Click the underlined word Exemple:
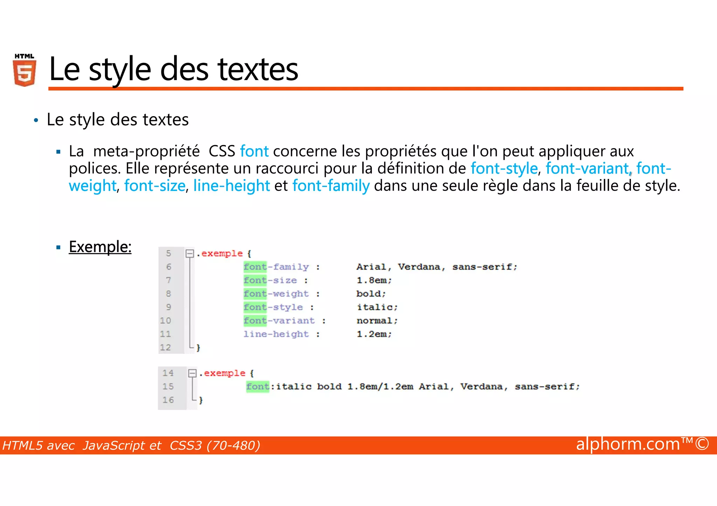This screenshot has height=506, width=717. click(100, 247)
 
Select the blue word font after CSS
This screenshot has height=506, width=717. click(254, 151)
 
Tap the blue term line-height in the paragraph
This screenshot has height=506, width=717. click(231, 186)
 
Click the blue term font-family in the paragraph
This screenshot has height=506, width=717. click(331, 186)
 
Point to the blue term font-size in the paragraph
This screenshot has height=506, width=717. click(155, 186)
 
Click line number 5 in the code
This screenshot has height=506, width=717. click(168, 253)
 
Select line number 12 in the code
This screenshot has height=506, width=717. click(165, 347)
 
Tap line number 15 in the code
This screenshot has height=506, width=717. click(168, 386)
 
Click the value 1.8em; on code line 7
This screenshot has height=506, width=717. click(374, 280)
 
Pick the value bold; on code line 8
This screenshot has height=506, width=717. click(371, 294)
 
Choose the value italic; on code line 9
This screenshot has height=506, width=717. click(377, 307)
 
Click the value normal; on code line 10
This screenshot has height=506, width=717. click(377, 321)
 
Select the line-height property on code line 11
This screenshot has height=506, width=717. click(276, 334)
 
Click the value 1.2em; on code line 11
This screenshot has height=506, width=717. click(374, 334)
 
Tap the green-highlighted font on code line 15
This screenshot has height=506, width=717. click(258, 386)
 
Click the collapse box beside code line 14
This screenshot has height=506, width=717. click(192, 373)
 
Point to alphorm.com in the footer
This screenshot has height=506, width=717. click(628, 444)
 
